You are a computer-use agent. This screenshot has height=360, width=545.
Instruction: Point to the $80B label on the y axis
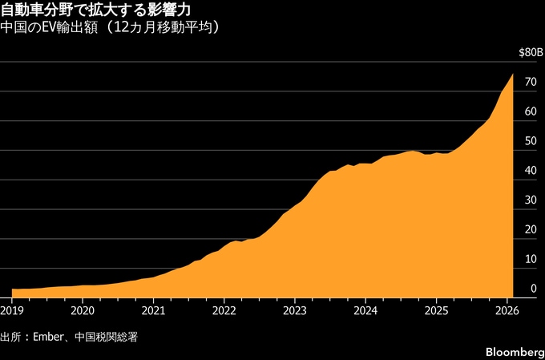[x=528, y=52]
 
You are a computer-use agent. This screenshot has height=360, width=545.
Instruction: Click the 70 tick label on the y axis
[x=530, y=83]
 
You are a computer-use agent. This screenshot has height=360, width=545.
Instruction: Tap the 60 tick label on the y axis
[x=530, y=112]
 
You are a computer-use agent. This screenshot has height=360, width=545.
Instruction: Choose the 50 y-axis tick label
[x=530, y=142]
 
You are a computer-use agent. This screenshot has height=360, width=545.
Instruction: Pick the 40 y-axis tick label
[x=530, y=171]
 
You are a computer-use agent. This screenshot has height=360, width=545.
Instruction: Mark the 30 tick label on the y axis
[x=530, y=200]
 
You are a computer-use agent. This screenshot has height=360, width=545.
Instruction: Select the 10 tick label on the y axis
[x=530, y=259]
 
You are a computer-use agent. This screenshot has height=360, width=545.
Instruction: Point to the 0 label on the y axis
[x=533, y=289]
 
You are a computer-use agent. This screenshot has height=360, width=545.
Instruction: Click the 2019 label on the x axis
[x=12, y=310]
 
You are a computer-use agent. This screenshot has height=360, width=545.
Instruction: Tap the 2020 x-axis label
[x=83, y=310]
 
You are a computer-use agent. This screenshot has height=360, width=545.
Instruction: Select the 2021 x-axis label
[x=153, y=310]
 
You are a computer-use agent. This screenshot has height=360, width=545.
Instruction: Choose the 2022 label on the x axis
[x=224, y=310]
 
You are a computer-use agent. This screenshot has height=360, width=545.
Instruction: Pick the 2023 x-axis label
[x=294, y=310]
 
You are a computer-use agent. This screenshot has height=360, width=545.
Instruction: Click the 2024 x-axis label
[x=365, y=310]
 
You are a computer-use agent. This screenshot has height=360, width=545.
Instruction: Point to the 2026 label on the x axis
[x=506, y=310]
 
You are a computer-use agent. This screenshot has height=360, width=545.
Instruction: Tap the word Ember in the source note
[x=47, y=335]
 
